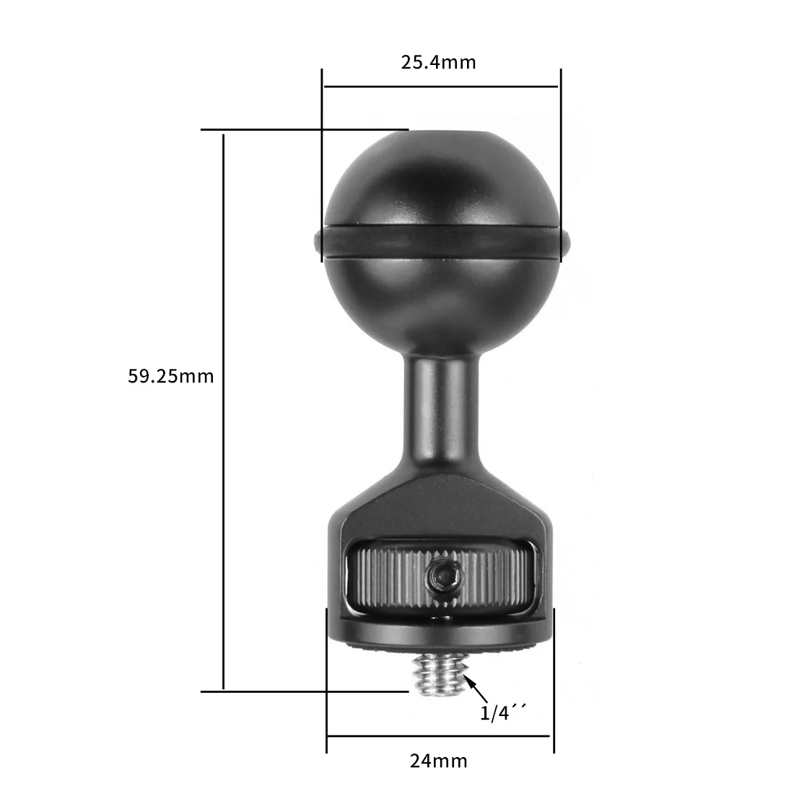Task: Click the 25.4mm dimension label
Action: pyautogui.click(x=438, y=62)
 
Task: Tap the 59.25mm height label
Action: pyautogui.click(x=171, y=376)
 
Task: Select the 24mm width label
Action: pyautogui.click(x=438, y=760)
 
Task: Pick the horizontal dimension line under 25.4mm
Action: pyautogui.click(x=440, y=87)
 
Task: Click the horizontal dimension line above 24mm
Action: pyautogui.click(x=440, y=737)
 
